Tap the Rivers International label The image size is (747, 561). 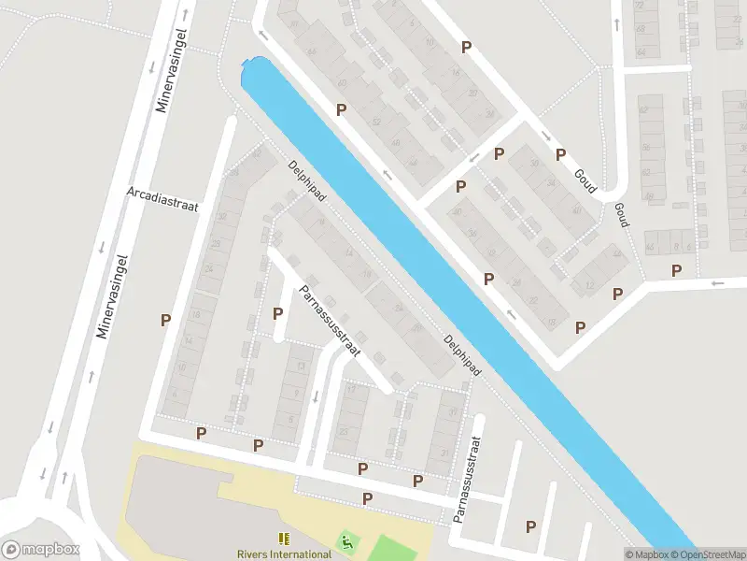pos(284,554)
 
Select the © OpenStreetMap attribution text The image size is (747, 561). pos(712,554)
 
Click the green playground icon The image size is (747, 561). pos(346,540)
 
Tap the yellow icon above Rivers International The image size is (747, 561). pos(284,539)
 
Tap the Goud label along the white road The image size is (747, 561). pos(585,180)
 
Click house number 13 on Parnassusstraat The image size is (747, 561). pos(301,367)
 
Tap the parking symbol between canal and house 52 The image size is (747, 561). pos(342,109)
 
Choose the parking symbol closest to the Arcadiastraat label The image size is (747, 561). pos(165,320)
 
